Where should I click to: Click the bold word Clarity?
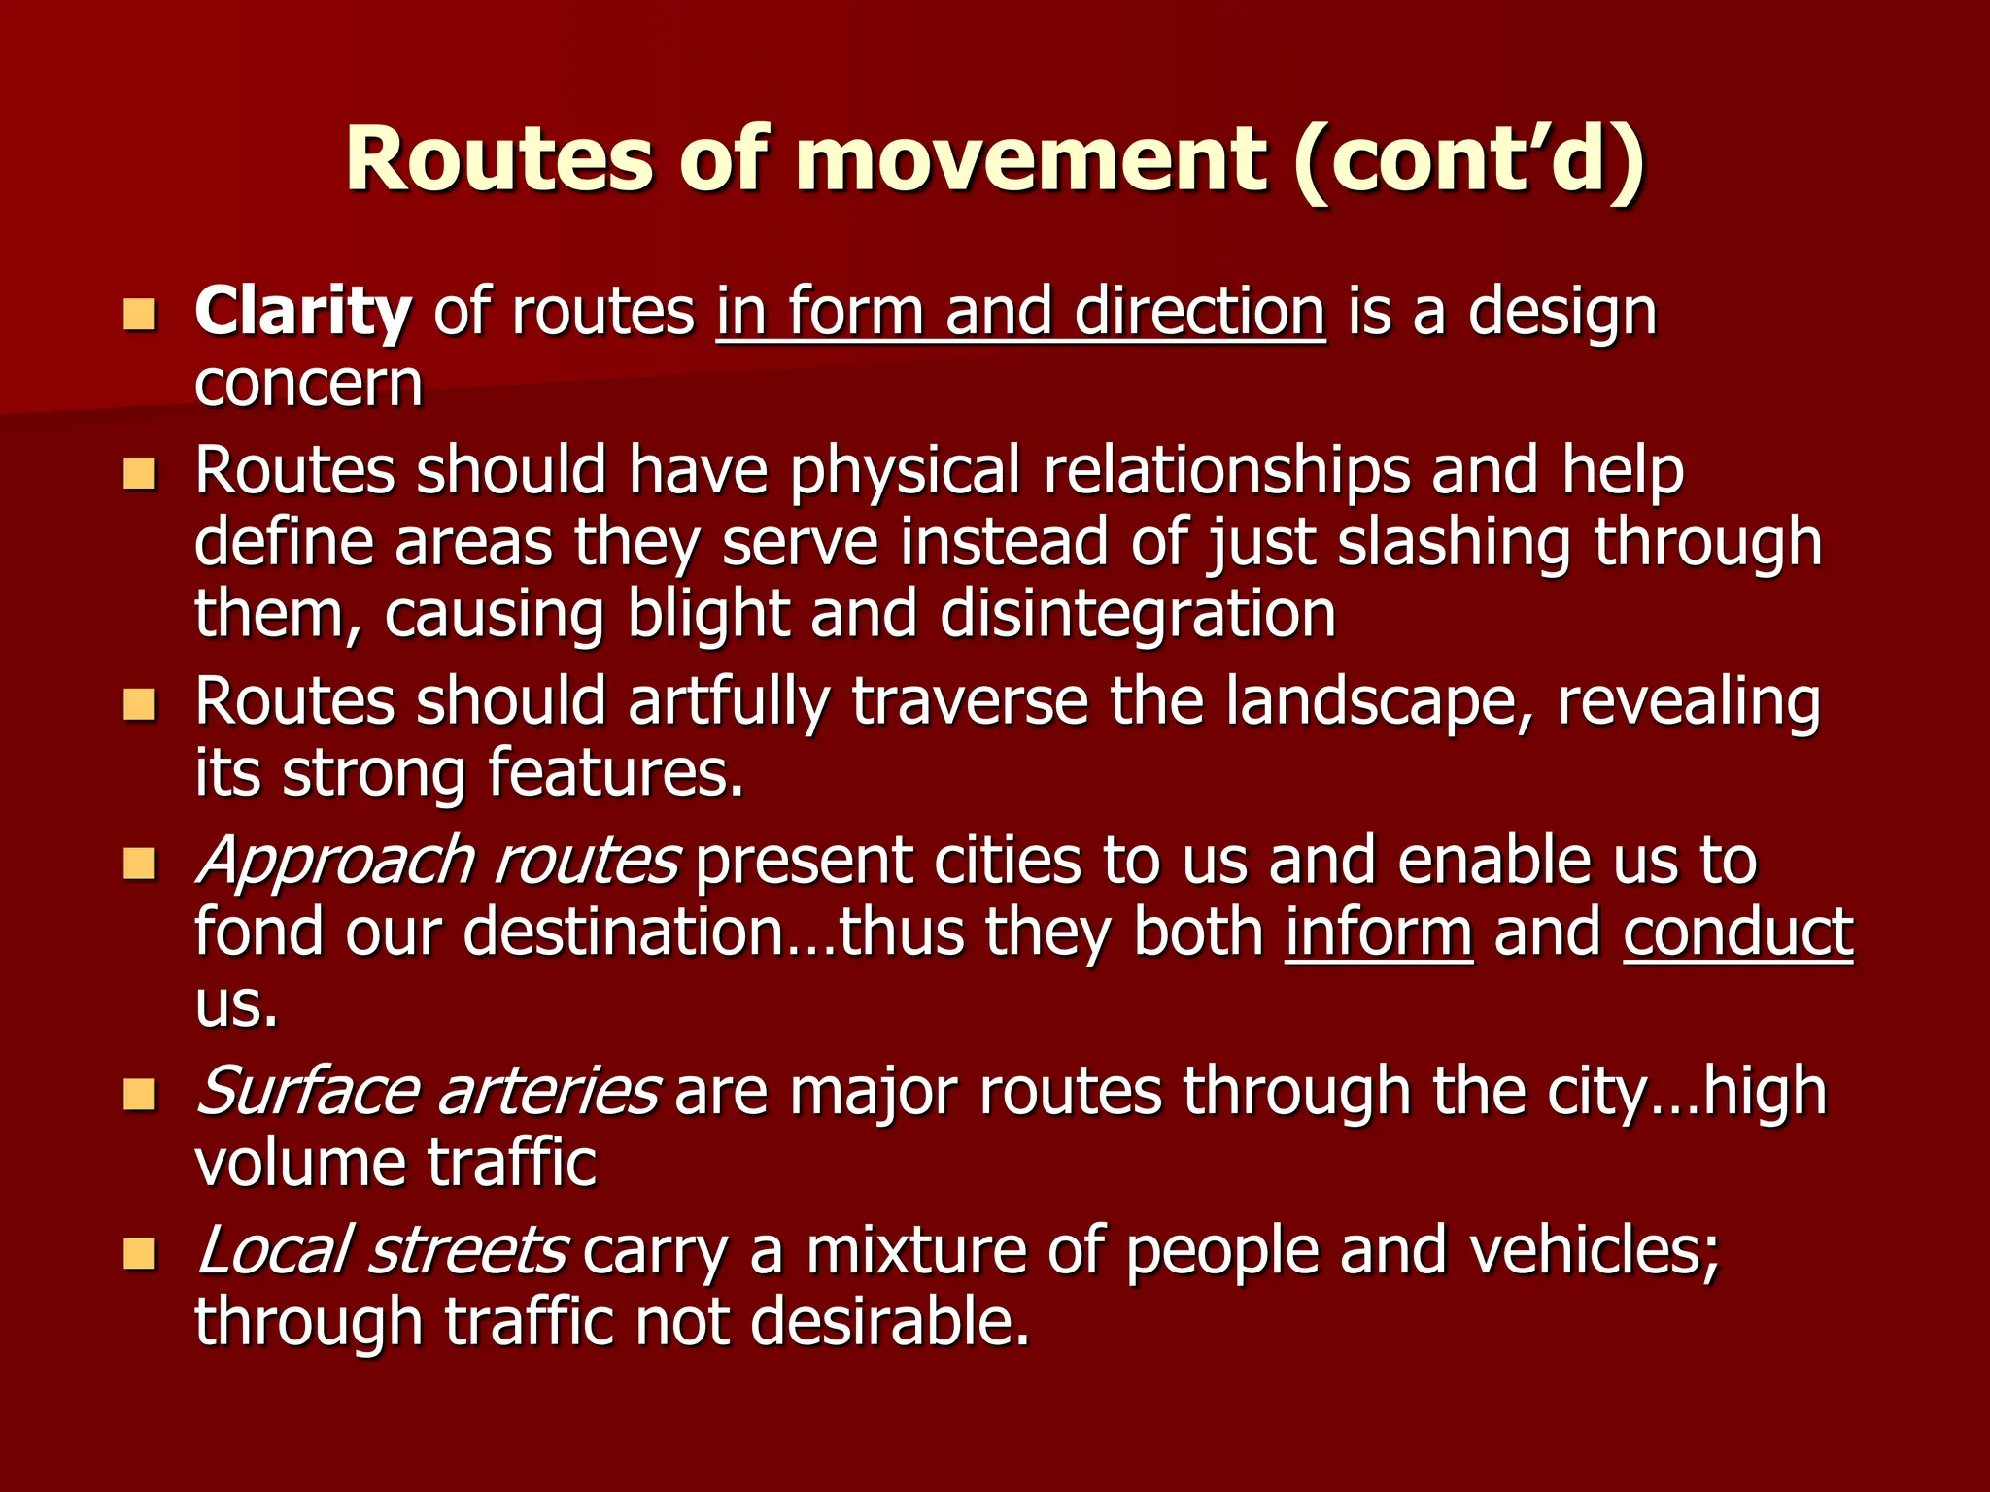[302, 313]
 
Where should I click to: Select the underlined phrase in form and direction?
[1020, 313]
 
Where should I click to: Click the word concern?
[309, 385]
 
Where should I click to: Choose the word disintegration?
[1138, 615]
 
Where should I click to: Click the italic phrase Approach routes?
[437, 862]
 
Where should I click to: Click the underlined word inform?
[1379, 932]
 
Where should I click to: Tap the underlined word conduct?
[1737, 932]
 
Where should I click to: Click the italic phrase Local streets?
[382, 1250]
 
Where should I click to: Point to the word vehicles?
[1594, 1250]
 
